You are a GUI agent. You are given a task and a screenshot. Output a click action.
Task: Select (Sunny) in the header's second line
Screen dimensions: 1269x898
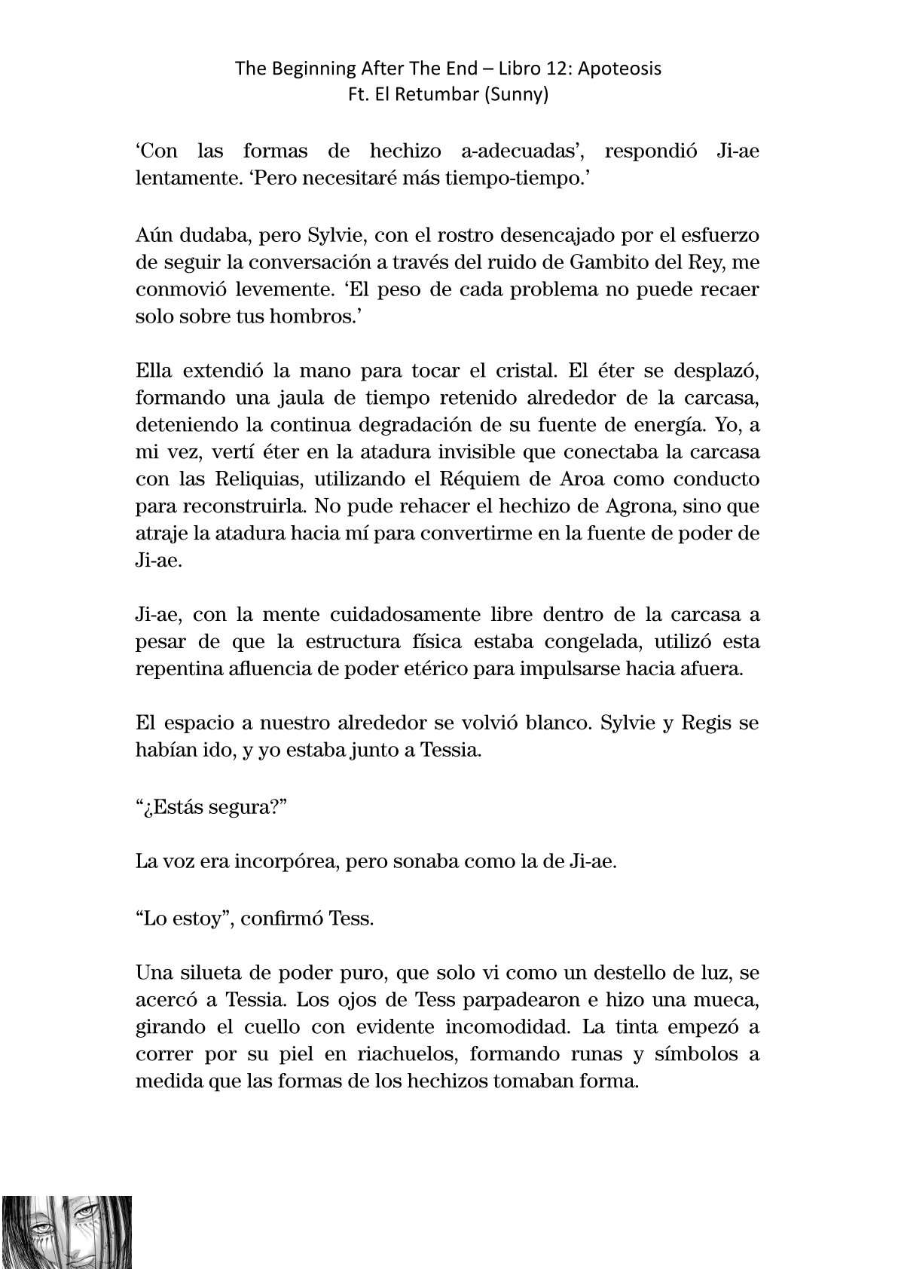click(520, 96)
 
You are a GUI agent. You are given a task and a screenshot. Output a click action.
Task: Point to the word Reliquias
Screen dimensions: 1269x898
click(257, 479)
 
